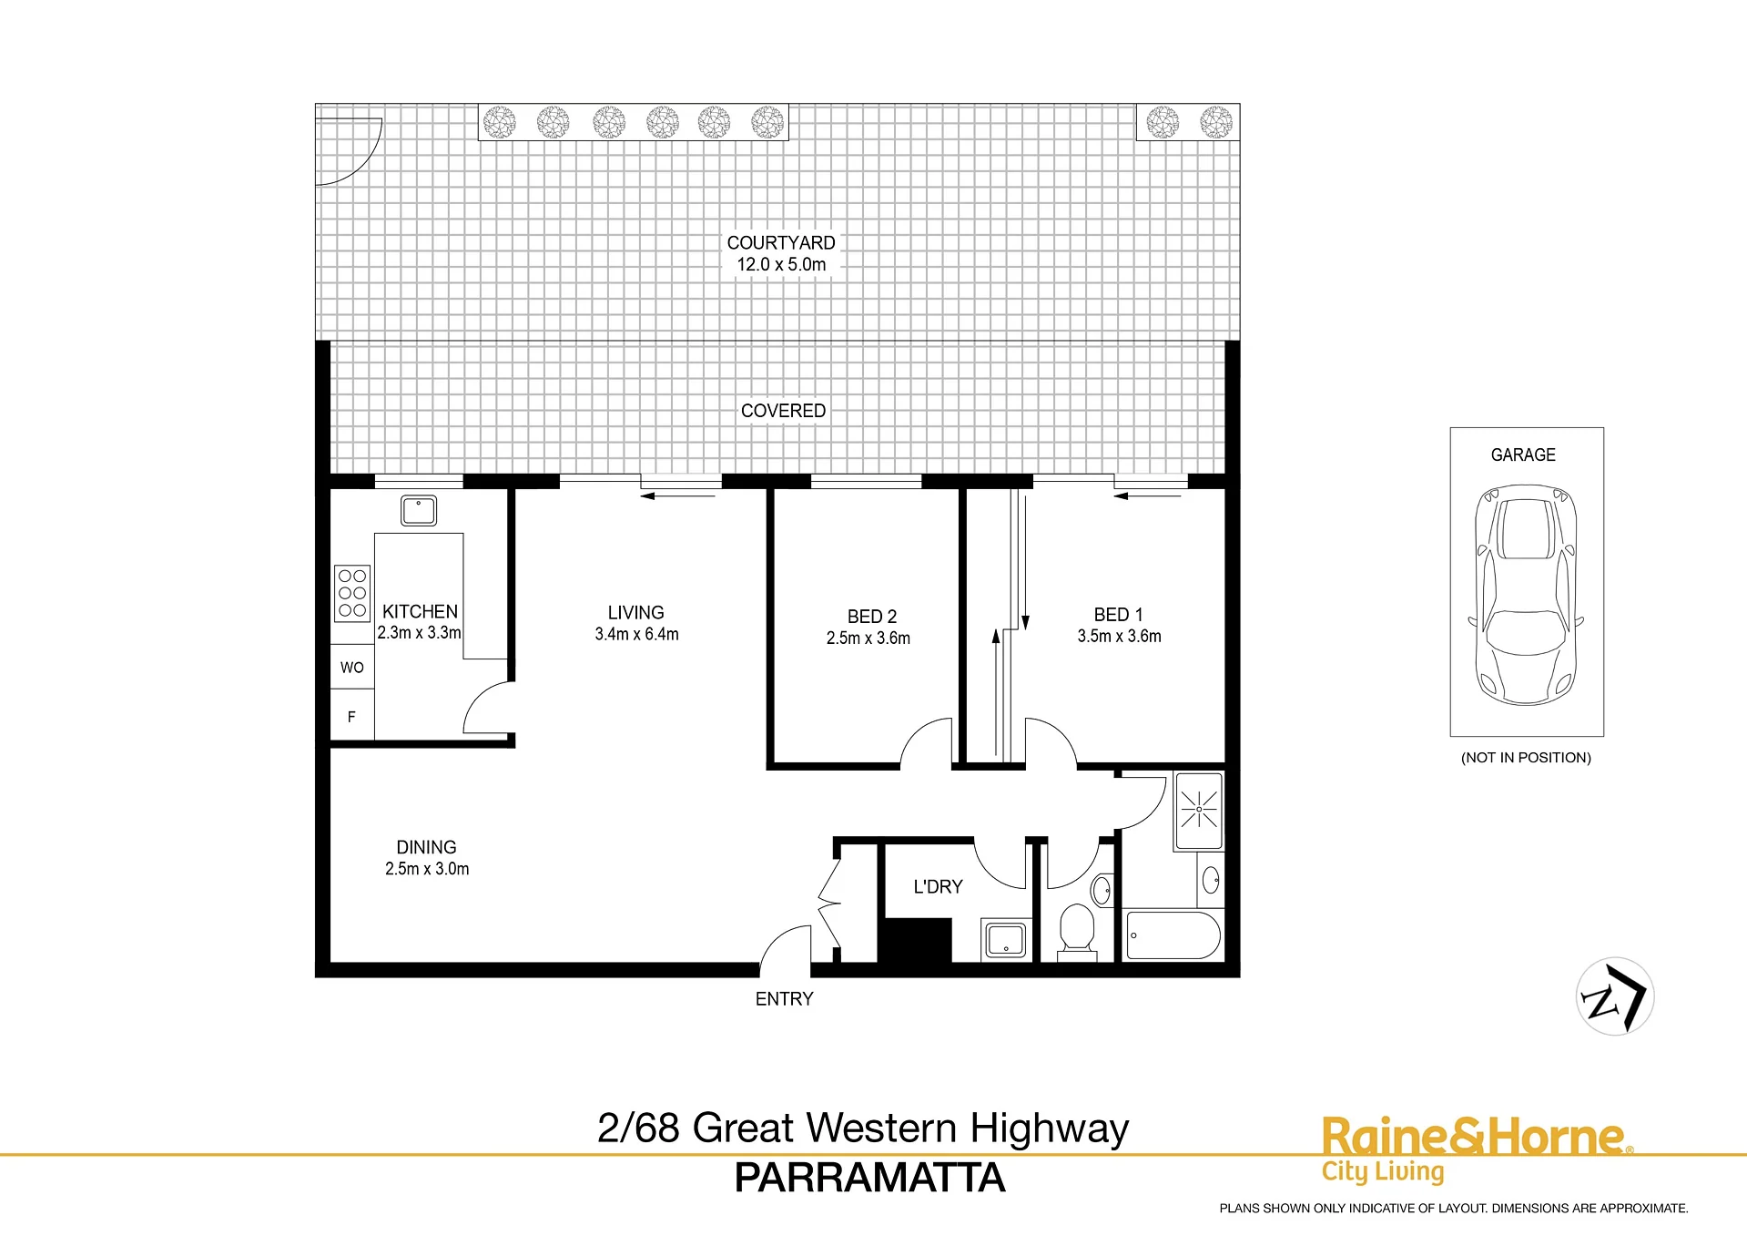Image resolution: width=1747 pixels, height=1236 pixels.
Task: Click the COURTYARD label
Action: coord(781,243)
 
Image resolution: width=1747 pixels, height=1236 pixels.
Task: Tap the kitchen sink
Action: coord(419,510)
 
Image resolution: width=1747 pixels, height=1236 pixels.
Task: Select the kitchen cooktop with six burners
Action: coord(352,593)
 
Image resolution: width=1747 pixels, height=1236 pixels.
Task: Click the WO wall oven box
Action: coord(352,667)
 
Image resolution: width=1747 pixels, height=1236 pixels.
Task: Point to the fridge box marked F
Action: coord(352,716)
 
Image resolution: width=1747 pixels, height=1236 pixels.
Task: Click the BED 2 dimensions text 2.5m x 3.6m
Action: coord(868,638)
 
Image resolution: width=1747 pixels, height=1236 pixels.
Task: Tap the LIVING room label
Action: coord(636,613)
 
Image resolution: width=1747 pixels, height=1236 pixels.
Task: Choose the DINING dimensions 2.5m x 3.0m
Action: coord(427,869)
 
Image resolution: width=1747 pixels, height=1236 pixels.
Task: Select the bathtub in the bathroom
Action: coord(1173,935)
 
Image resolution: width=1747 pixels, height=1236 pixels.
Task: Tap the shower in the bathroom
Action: coord(1199,811)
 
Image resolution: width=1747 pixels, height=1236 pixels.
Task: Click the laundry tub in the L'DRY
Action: coord(1005,940)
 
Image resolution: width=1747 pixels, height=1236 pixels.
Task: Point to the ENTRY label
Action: coord(784,999)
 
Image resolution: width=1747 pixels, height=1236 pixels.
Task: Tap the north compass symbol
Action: coord(1615,996)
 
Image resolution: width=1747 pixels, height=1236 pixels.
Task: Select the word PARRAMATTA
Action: coord(869,1178)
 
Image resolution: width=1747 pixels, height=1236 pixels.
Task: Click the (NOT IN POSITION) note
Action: coord(1526,758)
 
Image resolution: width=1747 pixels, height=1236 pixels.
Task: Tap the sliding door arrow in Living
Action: coord(678,496)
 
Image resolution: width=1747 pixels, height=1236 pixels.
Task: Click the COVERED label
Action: coord(783,411)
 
